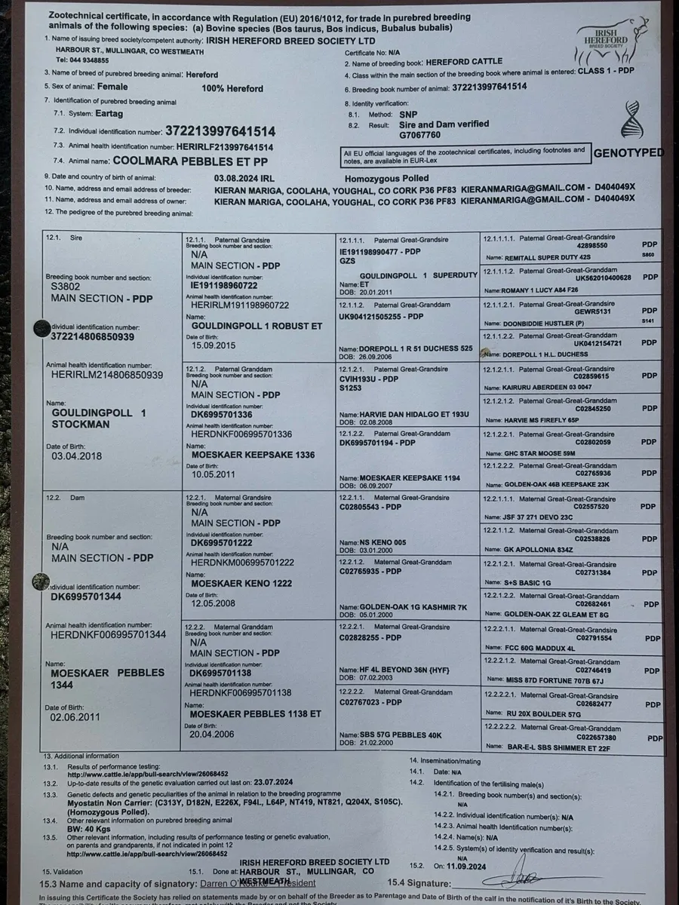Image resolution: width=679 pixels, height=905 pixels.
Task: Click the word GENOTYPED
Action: (628, 153)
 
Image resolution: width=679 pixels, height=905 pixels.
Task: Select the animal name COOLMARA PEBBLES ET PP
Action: (189, 161)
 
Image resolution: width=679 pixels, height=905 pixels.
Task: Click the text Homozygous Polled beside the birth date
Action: (387, 177)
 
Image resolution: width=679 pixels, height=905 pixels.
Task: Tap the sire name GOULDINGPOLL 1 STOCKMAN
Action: (99, 419)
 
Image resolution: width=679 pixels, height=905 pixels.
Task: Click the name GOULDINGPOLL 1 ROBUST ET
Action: (257, 326)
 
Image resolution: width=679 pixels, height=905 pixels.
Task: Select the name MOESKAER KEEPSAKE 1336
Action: (253, 455)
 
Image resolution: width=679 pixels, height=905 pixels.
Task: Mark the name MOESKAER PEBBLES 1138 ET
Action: (255, 713)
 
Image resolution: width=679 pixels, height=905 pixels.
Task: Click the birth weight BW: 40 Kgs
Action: (89, 827)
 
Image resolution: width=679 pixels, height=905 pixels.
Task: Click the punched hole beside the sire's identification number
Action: (40, 327)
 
